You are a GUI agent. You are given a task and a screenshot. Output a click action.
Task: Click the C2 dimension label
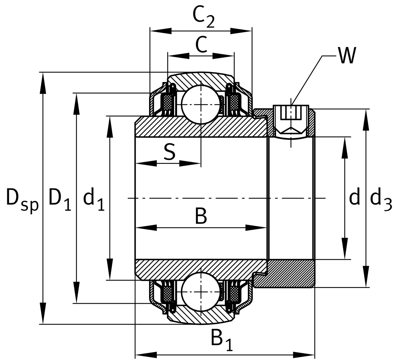click(x=203, y=17)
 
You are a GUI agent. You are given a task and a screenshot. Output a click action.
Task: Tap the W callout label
click(x=347, y=55)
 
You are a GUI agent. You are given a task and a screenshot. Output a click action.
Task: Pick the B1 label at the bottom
click(x=221, y=340)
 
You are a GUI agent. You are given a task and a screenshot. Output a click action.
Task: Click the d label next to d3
click(x=355, y=198)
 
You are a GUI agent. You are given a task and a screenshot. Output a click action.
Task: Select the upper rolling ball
click(x=201, y=104)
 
